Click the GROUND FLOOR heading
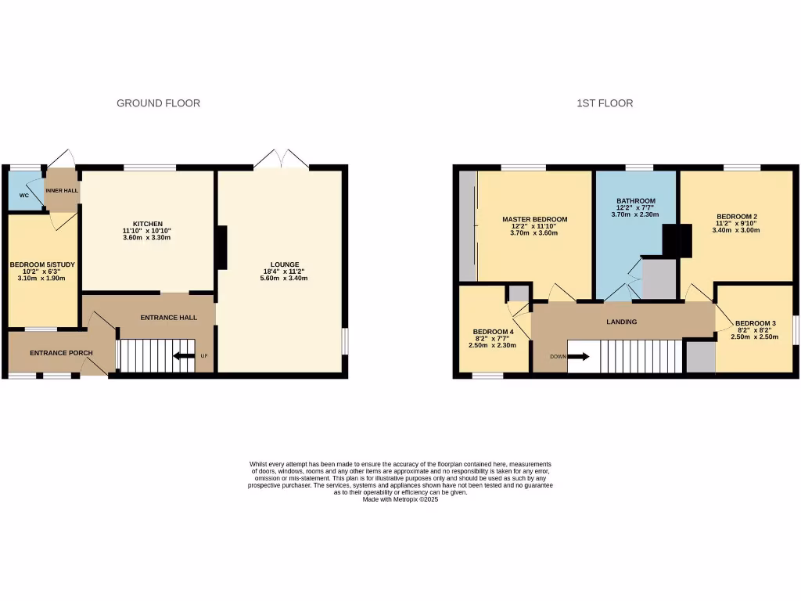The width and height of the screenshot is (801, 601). point(158,103)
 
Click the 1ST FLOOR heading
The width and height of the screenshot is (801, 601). point(605,103)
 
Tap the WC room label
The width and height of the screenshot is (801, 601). point(23,196)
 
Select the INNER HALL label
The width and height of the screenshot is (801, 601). point(62,191)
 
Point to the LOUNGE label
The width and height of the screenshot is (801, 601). point(279,265)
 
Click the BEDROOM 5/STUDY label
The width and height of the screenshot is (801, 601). point(42,265)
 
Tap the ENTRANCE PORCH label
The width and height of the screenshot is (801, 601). point(61,353)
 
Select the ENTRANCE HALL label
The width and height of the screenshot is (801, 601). point(168,318)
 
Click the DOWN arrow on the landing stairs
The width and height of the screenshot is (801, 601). point(579,357)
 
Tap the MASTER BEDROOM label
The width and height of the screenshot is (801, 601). point(534,220)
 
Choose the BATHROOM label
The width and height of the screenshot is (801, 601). point(634,201)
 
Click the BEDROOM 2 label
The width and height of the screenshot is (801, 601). point(738,216)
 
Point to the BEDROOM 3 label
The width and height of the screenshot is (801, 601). point(755,323)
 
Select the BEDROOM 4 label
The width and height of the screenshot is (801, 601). point(493,331)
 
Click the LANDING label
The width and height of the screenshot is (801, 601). point(622,322)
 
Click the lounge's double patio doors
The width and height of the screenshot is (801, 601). point(281,160)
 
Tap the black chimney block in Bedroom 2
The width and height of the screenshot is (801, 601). point(677,240)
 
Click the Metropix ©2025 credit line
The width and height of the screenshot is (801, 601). point(400,499)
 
